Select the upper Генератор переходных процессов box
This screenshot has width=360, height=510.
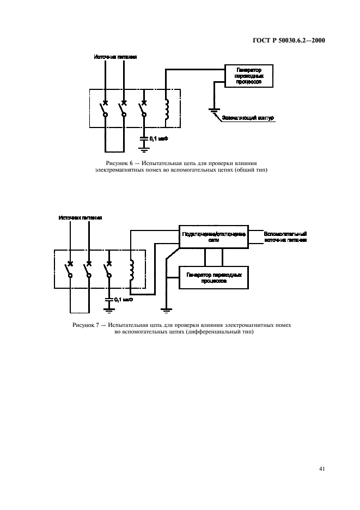249,76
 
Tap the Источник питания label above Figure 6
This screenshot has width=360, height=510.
116,56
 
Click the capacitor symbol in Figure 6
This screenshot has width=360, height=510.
144,138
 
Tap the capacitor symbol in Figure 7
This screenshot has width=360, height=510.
109,299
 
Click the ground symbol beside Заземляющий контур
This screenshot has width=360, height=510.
214,112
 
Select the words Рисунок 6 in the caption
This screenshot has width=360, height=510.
118,163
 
